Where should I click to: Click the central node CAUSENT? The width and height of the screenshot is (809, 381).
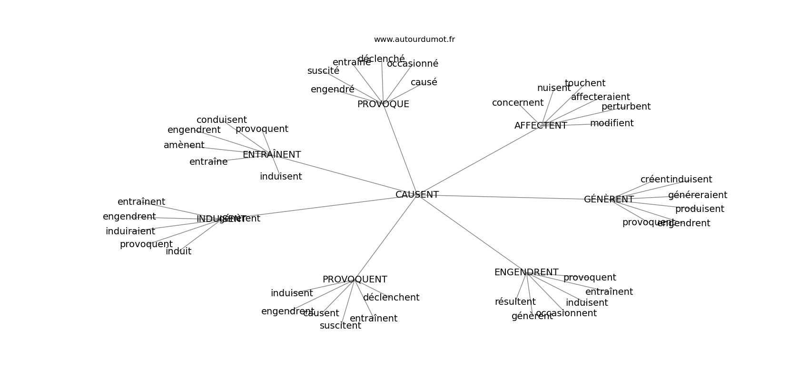click(x=417, y=195)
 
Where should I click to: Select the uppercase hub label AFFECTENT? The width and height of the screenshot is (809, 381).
click(x=541, y=126)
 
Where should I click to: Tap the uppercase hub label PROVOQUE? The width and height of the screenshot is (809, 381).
click(x=383, y=104)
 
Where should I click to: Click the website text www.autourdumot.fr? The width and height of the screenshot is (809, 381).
click(x=414, y=40)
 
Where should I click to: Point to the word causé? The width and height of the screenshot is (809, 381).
click(x=424, y=82)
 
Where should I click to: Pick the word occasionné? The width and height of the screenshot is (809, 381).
click(x=412, y=64)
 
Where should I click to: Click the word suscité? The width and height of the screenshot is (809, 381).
click(x=323, y=71)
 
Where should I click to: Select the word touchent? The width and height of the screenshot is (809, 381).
click(x=585, y=83)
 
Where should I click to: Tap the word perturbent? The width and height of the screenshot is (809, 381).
click(x=626, y=107)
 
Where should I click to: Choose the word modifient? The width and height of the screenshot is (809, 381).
click(x=612, y=123)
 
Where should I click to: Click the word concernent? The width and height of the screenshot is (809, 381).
click(x=517, y=103)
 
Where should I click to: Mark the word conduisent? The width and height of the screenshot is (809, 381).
click(x=221, y=120)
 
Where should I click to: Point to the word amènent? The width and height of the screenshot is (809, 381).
click(x=184, y=145)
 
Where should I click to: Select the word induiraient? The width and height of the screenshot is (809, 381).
click(x=130, y=231)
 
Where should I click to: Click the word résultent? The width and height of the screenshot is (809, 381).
click(x=515, y=302)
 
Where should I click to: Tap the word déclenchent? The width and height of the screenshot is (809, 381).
click(x=391, y=298)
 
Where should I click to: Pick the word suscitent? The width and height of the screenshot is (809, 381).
click(x=340, y=326)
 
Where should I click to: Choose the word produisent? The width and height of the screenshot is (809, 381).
click(x=700, y=209)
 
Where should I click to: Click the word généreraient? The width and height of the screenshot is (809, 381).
click(x=697, y=195)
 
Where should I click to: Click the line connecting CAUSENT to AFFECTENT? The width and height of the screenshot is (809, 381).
click(x=478, y=160)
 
